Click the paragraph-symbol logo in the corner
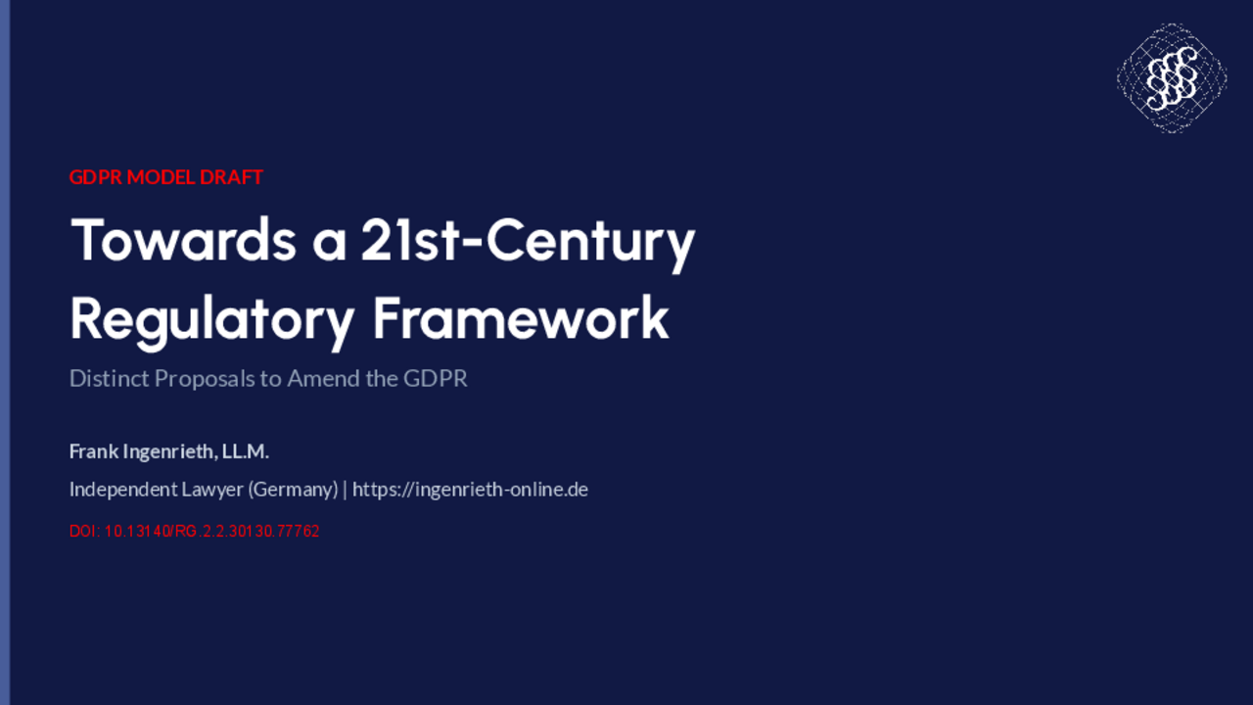coord(1172,78)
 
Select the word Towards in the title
coord(183,240)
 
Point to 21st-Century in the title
coord(528,245)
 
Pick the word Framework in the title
coord(521,318)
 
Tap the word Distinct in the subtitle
coord(109,379)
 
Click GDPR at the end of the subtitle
coord(436,379)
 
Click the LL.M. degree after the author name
coord(245,451)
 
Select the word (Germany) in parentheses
coord(293,491)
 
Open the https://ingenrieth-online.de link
coord(470,491)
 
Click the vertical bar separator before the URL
coord(346,491)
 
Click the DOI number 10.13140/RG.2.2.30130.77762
coord(212,531)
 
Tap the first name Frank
coord(93,451)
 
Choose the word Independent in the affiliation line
coord(123,491)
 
